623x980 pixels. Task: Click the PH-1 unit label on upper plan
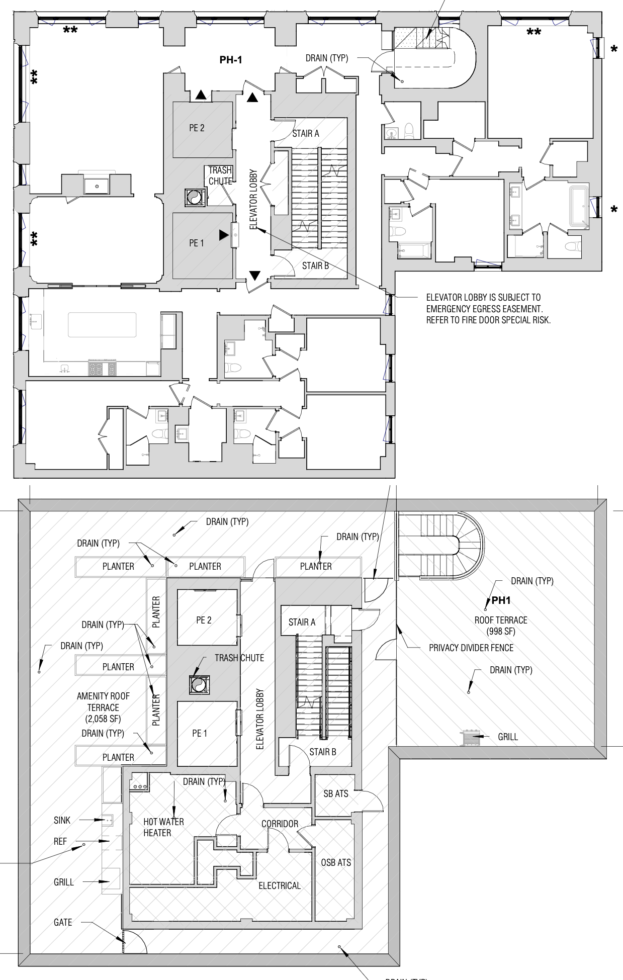point(231,60)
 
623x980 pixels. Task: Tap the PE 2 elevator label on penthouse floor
point(197,128)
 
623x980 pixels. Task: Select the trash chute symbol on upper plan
point(194,197)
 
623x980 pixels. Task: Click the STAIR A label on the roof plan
point(302,622)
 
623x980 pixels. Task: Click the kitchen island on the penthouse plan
point(102,325)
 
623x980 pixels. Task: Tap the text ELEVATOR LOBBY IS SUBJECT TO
point(483,297)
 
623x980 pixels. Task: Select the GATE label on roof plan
point(63,922)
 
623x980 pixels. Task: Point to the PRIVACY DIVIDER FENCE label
point(471,648)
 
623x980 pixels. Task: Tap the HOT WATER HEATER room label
point(163,827)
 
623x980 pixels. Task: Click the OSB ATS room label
point(336,862)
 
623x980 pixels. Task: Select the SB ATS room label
point(335,793)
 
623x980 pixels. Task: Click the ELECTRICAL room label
point(280,885)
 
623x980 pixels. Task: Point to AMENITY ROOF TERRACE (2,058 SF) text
point(103,707)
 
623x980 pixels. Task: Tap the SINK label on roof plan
point(62,820)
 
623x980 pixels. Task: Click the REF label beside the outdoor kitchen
point(60,841)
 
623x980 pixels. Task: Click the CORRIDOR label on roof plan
point(280,824)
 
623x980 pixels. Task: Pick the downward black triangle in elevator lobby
point(255,275)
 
